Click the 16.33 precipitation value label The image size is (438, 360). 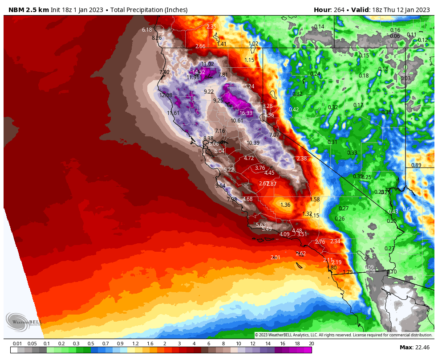click(246, 113)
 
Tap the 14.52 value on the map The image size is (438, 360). click(199, 72)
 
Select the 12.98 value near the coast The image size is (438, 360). click(166, 95)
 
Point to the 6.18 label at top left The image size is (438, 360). click(147, 30)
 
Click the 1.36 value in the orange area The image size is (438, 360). click(285, 205)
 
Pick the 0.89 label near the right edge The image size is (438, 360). click(416, 165)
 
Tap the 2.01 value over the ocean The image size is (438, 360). click(276, 258)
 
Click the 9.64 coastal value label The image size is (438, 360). click(220, 186)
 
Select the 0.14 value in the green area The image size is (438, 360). click(319, 27)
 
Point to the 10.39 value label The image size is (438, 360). click(253, 143)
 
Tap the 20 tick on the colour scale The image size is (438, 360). click(311, 344)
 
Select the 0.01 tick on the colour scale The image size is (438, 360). click(17, 344)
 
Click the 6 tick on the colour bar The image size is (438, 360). click(208, 344)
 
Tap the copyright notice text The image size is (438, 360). click(343, 335)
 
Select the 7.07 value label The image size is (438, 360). click(274, 135)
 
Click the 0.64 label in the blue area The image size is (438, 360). click(408, 209)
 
